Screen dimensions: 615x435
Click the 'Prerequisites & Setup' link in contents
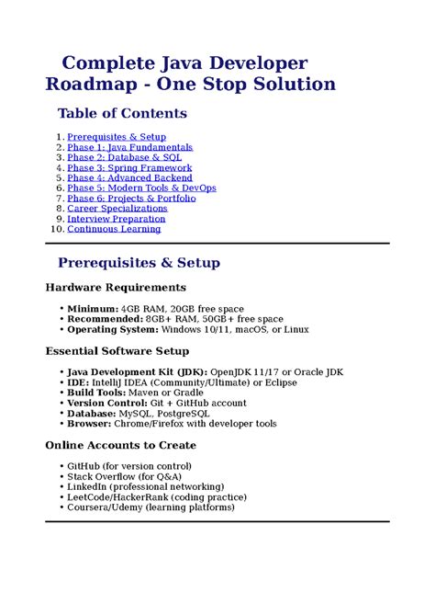point(117,137)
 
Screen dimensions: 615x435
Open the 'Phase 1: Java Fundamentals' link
point(129,147)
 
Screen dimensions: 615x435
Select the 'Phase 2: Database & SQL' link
point(125,157)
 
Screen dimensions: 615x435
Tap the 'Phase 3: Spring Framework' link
point(129,168)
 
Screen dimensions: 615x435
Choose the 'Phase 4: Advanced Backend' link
point(128,178)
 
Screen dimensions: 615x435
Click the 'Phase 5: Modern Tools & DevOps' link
point(141,188)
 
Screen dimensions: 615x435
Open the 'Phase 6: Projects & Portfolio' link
point(131,199)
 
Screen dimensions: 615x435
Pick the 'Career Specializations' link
point(117,209)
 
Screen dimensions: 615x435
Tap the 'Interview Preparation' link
point(117,219)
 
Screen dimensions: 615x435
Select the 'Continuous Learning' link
point(114,229)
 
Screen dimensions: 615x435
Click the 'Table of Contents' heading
point(122,114)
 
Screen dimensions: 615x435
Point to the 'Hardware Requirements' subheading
point(116,288)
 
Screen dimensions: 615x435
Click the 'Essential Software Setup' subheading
point(117,351)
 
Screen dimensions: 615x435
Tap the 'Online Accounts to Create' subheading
point(120,446)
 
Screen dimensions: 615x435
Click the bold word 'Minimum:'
point(92,308)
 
